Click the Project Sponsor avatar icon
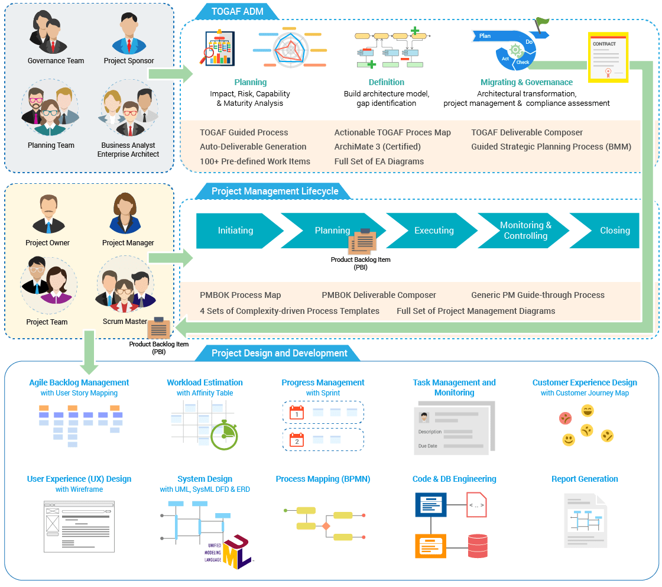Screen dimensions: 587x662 pos(128,35)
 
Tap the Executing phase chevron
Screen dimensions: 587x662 pos(434,231)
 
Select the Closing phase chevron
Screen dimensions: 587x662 pos(612,231)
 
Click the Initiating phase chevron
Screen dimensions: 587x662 pos(235,231)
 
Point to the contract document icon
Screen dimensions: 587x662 pos(608,57)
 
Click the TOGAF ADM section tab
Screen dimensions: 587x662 pos(237,11)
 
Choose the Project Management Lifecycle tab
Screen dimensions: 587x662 pos(275,191)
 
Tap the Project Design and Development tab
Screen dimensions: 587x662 pos(279,353)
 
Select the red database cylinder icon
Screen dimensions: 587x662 pos(477,545)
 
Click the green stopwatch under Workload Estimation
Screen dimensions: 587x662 pos(223,435)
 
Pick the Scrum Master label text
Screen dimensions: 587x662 pos(125,322)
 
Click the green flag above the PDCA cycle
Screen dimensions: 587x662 pos(541,23)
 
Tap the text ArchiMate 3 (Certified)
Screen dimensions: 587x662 pos(377,147)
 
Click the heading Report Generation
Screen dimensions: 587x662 pos(585,479)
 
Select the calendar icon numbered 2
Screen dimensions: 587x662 pos(296,439)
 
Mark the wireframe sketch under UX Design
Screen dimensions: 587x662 pos(79,526)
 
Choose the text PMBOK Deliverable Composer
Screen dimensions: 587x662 pos(379,295)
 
